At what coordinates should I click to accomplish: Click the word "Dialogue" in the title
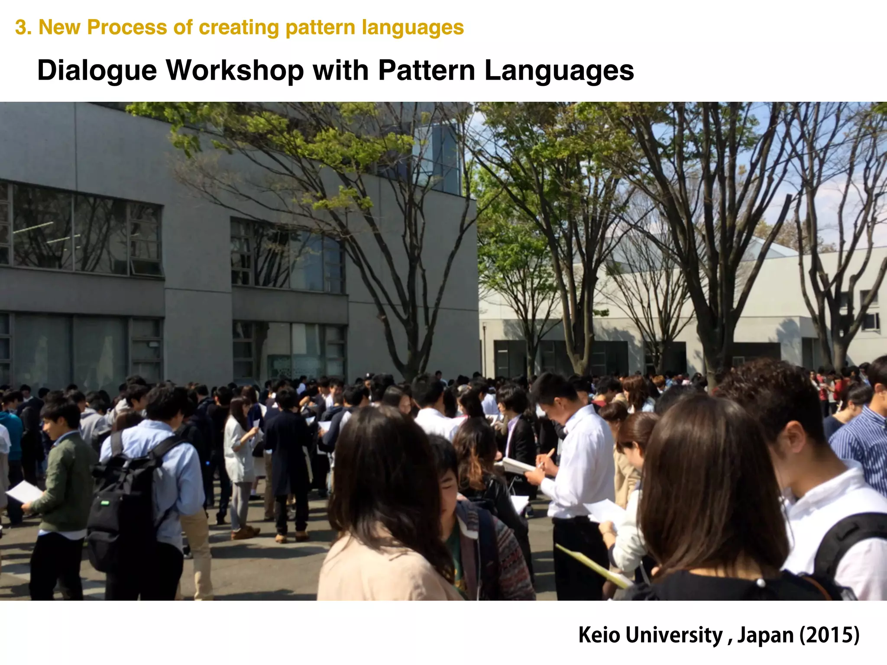[x=97, y=71]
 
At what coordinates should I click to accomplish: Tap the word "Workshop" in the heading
[x=235, y=71]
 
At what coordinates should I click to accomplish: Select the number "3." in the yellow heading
[x=23, y=27]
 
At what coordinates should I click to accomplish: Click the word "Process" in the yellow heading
[x=126, y=27]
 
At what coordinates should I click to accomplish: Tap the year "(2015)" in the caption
[x=829, y=635]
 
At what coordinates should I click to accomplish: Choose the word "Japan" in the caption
[x=765, y=635]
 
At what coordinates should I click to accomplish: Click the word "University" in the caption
[x=674, y=635]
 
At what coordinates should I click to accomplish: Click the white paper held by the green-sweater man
[x=24, y=492]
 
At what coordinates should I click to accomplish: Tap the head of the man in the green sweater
[x=61, y=418]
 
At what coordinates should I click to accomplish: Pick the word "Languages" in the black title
[x=559, y=71]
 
